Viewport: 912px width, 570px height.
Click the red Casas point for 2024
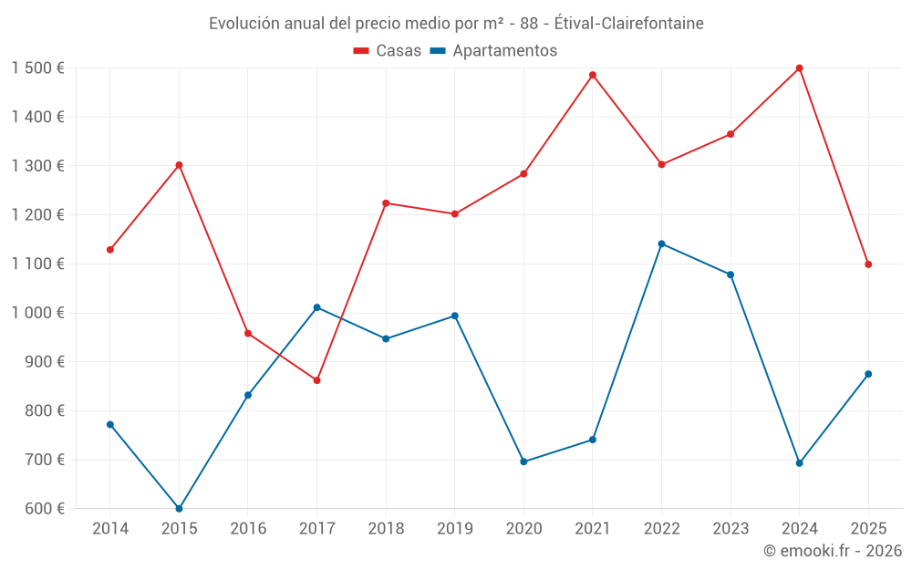tap(800, 68)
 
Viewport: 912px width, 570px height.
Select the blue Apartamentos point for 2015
tap(179, 509)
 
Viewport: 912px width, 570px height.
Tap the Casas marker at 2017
tap(316, 380)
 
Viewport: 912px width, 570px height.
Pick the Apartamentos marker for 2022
tap(661, 244)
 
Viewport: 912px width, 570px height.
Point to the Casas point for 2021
tap(593, 75)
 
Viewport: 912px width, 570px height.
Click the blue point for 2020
tap(523, 461)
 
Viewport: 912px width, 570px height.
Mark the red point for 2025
tap(868, 264)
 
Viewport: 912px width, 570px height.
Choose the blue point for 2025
tap(868, 374)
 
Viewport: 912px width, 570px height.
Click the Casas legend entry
tap(388, 51)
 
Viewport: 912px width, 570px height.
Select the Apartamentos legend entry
tap(492, 51)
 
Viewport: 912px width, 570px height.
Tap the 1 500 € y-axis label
tap(38, 68)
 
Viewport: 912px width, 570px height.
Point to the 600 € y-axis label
tap(44, 509)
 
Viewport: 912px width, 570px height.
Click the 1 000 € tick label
tap(38, 313)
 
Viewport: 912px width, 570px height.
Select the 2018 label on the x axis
tap(386, 528)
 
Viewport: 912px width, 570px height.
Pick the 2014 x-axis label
tap(110, 528)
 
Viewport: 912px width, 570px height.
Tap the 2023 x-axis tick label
tap(731, 528)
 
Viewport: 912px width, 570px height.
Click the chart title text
tap(456, 24)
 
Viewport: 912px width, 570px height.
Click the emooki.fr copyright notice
tap(832, 551)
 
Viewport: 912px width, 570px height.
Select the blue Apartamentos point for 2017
tap(316, 307)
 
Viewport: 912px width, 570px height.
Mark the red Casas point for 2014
tap(110, 250)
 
